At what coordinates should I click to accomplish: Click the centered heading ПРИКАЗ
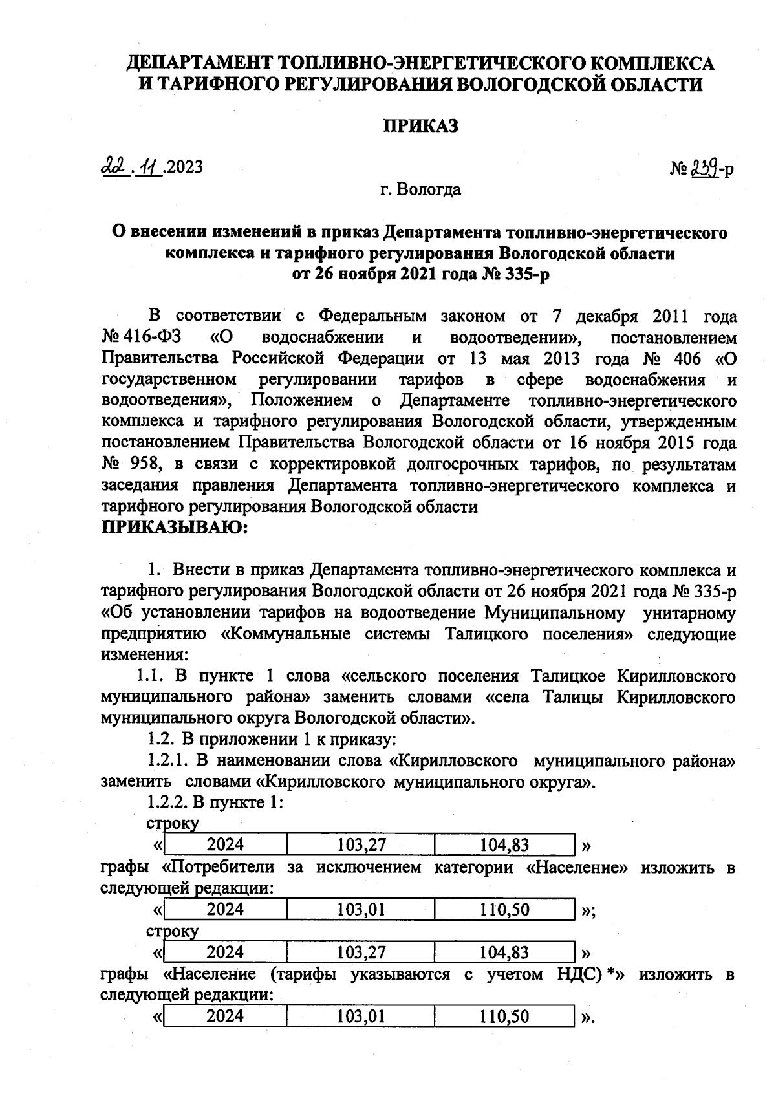(x=421, y=125)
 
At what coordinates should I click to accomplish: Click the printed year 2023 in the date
(x=184, y=167)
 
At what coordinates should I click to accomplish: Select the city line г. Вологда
(x=420, y=189)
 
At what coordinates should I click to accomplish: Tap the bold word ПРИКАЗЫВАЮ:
(x=175, y=527)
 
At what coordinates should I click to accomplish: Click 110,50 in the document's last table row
(x=504, y=1016)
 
